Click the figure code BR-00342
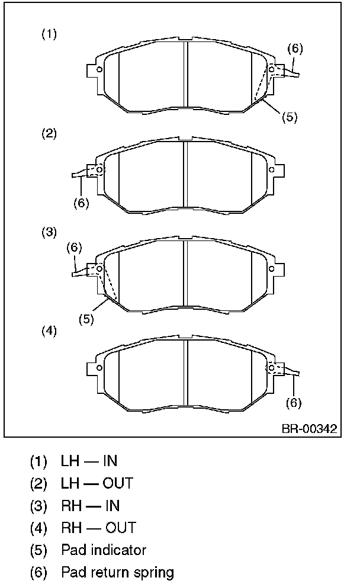[x=309, y=428]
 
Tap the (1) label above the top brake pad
[x=49, y=34]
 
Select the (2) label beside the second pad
[x=49, y=133]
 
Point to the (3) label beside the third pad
[x=49, y=232]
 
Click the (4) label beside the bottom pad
[x=49, y=330]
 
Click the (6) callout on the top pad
[x=295, y=49]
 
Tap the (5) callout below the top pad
[x=290, y=117]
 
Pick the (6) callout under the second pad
[x=81, y=203]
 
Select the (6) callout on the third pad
[x=74, y=248]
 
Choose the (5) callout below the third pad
[x=86, y=319]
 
